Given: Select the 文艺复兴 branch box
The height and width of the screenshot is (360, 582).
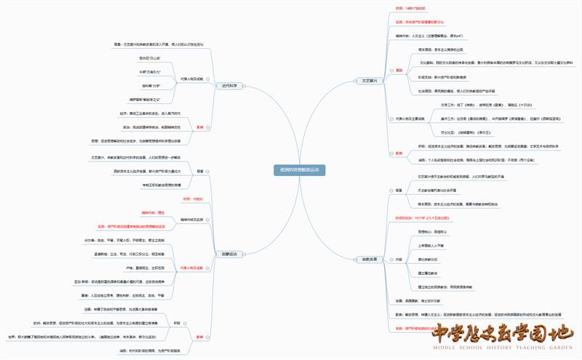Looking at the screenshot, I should [x=369, y=81].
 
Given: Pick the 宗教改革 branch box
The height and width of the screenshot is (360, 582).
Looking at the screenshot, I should [x=369, y=258].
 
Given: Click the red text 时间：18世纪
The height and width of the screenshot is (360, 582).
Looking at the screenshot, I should [x=192, y=198].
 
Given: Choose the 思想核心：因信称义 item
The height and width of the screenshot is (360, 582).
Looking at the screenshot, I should [x=431, y=231].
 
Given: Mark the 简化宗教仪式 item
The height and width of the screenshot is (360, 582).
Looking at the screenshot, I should [x=428, y=259].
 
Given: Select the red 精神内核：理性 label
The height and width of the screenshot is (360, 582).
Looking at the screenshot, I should [x=154, y=212].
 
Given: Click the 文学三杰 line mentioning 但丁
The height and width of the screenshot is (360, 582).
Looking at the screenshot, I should [x=461, y=105].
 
